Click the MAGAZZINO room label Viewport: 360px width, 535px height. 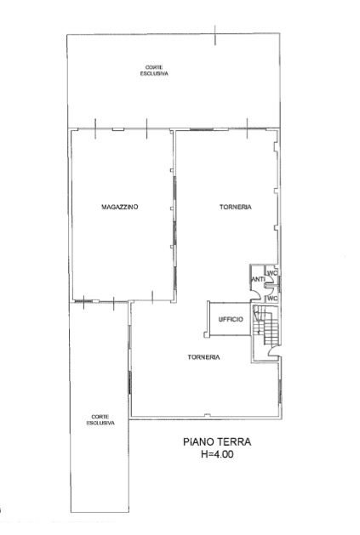click(x=120, y=207)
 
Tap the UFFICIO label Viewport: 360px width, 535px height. click(x=231, y=319)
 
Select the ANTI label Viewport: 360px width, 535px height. click(x=258, y=280)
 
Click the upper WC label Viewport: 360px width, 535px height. click(x=272, y=273)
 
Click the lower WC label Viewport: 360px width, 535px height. click(x=272, y=299)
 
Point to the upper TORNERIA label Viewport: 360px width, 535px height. click(x=236, y=207)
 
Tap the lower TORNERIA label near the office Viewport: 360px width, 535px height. click(x=203, y=357)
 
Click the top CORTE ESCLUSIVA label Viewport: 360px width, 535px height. click(x=154, y=71)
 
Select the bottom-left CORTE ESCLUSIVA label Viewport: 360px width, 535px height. click(x=100, y=419)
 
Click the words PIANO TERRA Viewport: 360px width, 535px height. click(x=217, y=441)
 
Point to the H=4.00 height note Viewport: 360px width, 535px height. click(x=217, y=454)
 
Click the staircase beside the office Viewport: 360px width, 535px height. click(x=266, y=324)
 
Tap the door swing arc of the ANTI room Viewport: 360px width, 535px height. click(x=258, y=294)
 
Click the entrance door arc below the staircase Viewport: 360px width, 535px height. click(x=271, y=350)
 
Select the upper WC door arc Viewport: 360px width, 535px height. click(x=271, y=280)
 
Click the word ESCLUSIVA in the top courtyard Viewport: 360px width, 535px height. click(x=154, y=73)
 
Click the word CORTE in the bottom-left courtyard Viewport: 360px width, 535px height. click(x=100, y=417)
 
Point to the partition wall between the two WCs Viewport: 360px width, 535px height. click(x=272, y=285)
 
